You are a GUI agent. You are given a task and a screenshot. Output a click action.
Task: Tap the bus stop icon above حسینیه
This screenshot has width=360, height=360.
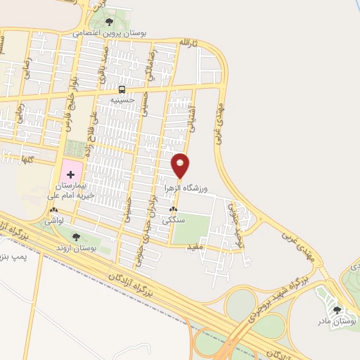[122, 89]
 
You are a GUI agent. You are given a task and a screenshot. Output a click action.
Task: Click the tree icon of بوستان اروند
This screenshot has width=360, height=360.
[76, 237]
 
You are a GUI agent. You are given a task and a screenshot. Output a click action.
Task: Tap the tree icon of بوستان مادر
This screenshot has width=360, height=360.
[337, 309]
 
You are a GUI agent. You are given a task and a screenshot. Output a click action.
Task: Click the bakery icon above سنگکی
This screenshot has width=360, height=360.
[172, 210]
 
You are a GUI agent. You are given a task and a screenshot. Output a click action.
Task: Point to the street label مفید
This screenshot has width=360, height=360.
[195, 247]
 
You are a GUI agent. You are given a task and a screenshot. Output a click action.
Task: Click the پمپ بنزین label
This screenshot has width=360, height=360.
[15, 256]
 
